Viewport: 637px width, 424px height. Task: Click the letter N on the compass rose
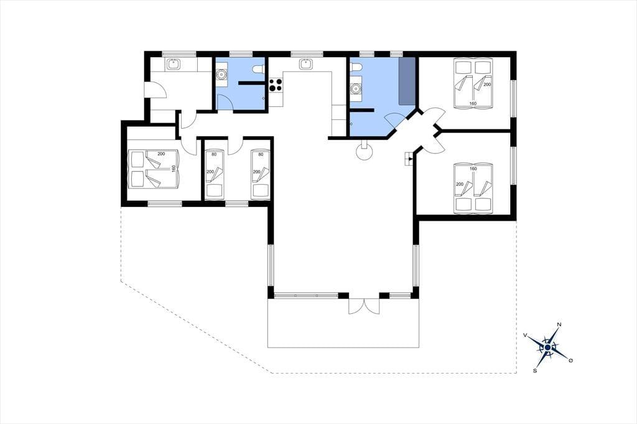coord(559,325)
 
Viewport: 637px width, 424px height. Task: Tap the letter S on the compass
coord(535,371)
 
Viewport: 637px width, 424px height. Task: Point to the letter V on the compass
coord(525,335)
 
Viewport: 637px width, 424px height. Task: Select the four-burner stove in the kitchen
coord(276,85)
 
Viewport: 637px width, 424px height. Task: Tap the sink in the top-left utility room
coord(174,64)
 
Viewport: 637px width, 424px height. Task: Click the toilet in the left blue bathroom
coord(258,70)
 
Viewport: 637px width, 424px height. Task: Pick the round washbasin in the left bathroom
coord(222,75)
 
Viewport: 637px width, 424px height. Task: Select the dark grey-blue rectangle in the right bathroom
coord(407,80)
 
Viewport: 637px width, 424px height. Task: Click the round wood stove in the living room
coord(364,153)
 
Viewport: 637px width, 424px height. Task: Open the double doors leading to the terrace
coord(365,306)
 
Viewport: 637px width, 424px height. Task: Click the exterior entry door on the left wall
coord(156,90)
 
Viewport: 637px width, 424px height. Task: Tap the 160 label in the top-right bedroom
coord(473,104)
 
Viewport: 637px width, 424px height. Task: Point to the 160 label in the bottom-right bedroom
coord(473,168)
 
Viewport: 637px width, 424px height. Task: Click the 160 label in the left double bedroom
coord(174,168)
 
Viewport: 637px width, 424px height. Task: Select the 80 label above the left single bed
coord(214,154)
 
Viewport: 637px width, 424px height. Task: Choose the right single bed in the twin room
coord(261,175)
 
